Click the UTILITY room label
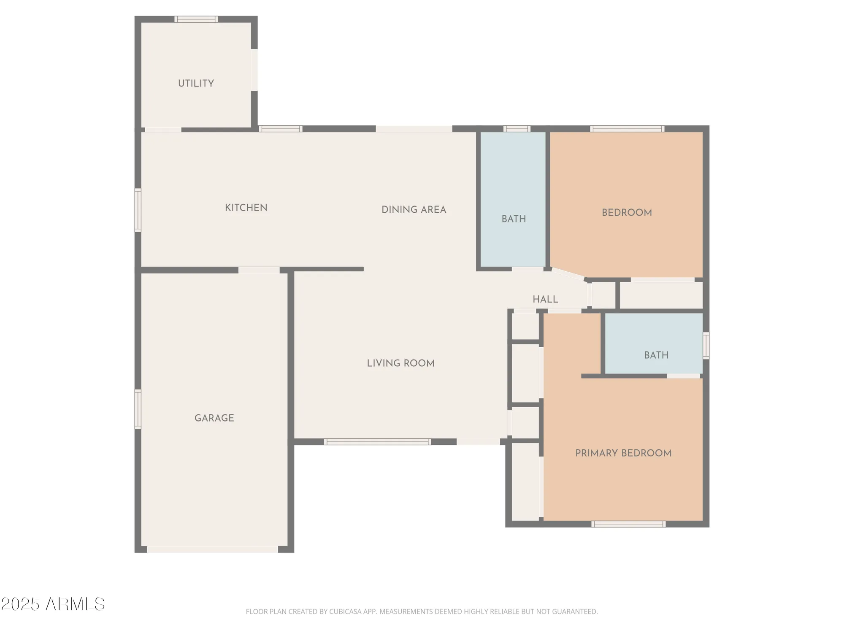click(x=196, y=83)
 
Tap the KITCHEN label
click(x=246, y=208)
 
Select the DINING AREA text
click(x=414, y=210)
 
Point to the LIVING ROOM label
click(x=400, y=363)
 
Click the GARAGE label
click(x=214, y=418)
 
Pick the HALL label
click(x=545, y=299)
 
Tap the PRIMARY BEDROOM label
click(x=623, y=453)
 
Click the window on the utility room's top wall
click(x=196, y=19)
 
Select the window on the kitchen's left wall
click(x=138, y=210)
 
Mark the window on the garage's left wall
click(x=138, y=409)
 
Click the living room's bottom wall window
click(x=377, y=442)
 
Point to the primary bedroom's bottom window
click(x=628, y=524)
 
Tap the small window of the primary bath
click(x=706, y=346)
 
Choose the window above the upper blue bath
click(x=517, y=129)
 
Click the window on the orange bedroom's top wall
click(x=627, y=129)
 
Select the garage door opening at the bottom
click(x=212, y=549)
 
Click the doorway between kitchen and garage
click(x=259, y=270)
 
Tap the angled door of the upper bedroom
click(x=568, y=273)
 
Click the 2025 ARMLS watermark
click(x=53, y=604)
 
